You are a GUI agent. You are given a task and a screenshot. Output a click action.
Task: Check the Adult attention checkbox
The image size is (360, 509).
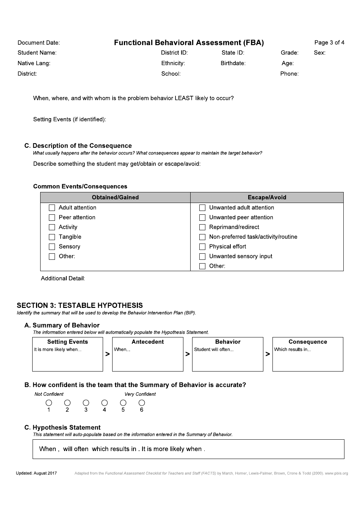(52, 208)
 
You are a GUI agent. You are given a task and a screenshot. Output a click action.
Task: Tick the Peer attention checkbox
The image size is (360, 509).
(52, 218)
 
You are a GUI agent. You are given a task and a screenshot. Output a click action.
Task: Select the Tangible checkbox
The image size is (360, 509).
(52, 237)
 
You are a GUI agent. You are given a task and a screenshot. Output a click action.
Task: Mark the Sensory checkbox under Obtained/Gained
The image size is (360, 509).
(52, 247)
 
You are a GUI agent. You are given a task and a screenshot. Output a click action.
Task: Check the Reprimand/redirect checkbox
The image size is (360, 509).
(202, 227)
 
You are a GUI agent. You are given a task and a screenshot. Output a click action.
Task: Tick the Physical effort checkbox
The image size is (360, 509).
(202, 247)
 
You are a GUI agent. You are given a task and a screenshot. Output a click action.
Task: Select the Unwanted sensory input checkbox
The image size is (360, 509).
(202, 257)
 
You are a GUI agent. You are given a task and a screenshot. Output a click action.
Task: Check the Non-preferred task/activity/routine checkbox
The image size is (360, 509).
(202, 237)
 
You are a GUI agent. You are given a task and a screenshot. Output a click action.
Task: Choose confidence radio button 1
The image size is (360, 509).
(49, 403)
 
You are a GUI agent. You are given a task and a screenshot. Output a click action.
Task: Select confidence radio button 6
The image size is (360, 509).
(142, 403)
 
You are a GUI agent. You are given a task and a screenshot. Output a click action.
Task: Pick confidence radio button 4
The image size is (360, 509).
(105, 403)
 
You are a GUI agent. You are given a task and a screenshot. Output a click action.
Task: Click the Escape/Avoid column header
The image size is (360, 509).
(267, 197)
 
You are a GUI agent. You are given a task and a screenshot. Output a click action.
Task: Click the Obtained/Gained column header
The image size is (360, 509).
(115, 197)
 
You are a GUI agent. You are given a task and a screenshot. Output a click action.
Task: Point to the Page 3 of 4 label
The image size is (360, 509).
(329, 42)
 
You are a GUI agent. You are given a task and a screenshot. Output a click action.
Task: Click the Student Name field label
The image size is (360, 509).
(37, 53)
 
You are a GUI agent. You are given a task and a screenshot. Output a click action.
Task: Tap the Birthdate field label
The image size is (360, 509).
(233, 63)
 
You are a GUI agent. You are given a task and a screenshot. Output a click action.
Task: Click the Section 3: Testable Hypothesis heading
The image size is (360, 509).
(80, 305)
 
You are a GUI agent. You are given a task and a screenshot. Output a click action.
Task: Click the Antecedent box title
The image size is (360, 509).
(147, 342)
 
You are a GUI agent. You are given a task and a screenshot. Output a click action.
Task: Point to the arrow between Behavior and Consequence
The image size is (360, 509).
(268, 354)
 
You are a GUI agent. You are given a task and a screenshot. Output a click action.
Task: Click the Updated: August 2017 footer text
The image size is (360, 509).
(36, 473)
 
